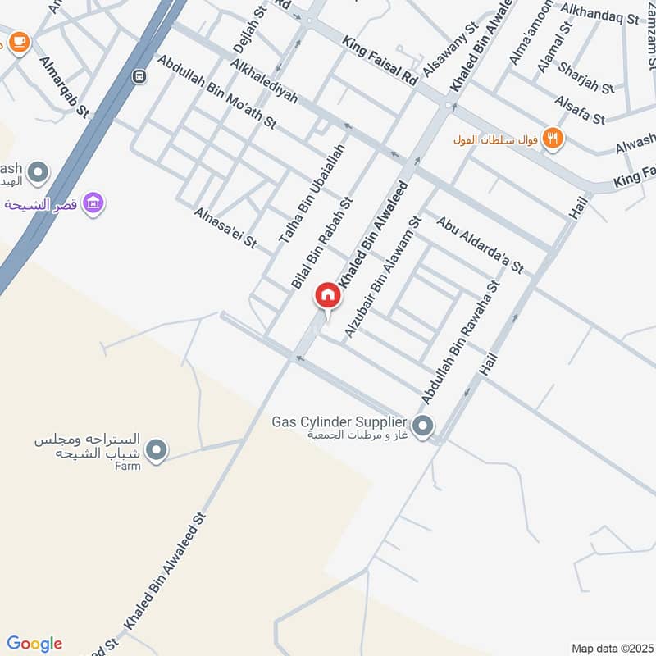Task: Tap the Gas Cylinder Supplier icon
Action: coord(423,426)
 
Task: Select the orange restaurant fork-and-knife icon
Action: coord(553,139)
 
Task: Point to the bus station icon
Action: coord(140,76)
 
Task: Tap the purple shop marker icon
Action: coord(93,203)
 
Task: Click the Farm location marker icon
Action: coord(157,450)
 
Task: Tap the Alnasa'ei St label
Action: coord(225,228)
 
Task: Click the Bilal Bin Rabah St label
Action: coord(321,242)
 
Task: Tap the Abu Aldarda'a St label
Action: coord(480,244)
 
